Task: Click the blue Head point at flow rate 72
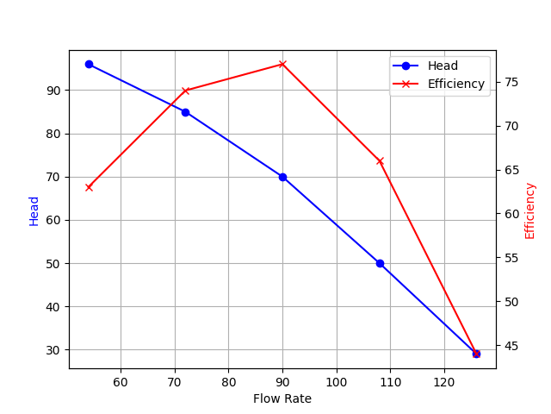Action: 185,112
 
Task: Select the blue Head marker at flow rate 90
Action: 282,177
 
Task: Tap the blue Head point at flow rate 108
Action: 380,263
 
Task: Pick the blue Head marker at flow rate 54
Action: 89,64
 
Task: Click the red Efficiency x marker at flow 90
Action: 282,64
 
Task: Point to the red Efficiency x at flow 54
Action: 89,187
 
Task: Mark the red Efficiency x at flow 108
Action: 380,160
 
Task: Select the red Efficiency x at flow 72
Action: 185,91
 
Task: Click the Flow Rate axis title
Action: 282,398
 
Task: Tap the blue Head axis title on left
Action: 34,210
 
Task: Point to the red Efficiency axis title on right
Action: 530,210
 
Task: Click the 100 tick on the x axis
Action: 337,381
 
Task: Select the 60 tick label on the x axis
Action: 121,381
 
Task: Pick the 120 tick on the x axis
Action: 444,381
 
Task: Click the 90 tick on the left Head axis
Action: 53,91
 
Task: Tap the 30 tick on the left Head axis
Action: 53,350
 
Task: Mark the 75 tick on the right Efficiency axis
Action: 511,82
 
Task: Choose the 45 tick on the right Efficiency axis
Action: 511,346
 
